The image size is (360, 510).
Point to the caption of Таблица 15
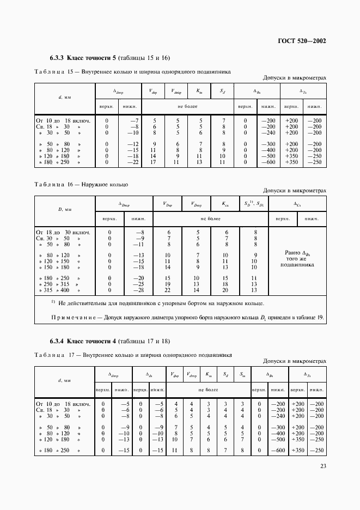(132, 71)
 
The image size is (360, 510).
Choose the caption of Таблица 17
(133, 355)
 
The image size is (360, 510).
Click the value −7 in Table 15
(136, 120)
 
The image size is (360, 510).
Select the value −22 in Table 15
(135, 162)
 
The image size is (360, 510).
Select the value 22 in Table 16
(168, 290)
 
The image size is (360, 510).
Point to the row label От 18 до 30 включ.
(65, 232)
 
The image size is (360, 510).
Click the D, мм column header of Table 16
(65, 209)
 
